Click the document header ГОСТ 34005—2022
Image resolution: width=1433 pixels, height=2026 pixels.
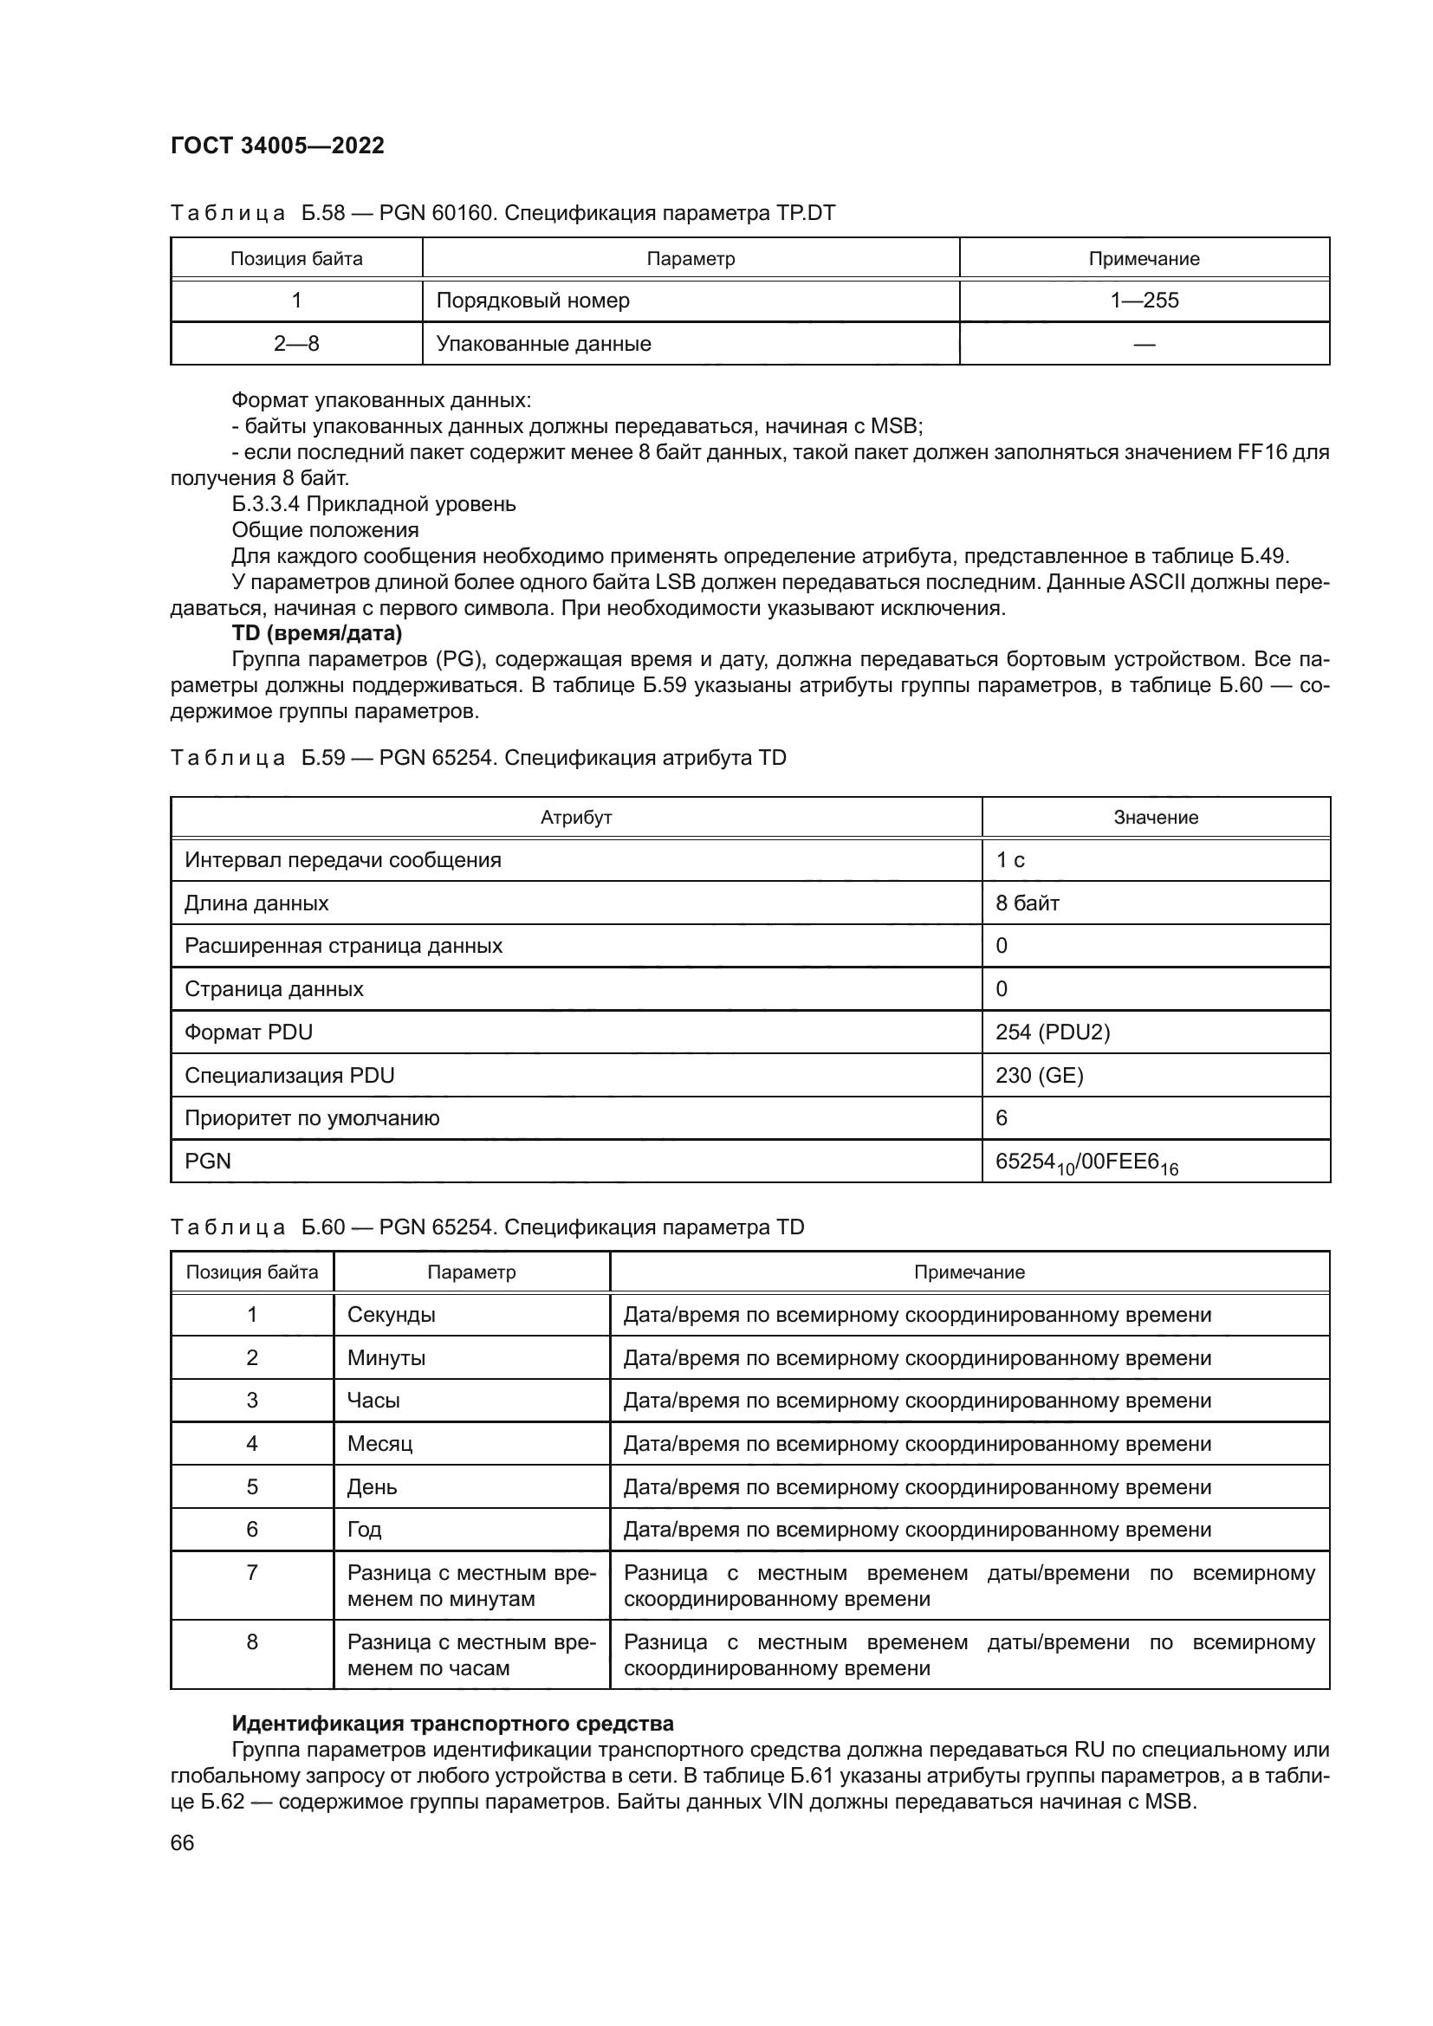pyautogui.click(x=277, y=146)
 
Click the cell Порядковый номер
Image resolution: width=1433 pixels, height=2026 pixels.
pyautogui.click(x=533, y=300)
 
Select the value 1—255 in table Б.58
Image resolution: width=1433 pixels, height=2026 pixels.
pyautogui.click(x=1144, y=300)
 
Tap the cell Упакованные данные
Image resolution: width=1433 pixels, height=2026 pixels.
pyautogui.click(x=543, y=343)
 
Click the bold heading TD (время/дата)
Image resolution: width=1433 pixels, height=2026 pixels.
pyautogui.click(x=317, y=632)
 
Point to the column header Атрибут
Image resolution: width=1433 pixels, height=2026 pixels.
pyautogui.click(x=575, y=817)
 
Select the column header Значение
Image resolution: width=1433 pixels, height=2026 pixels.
pyautogui.click(x=1155, y=817)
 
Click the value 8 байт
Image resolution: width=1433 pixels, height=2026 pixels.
pyautogui.click(x=1028, y=903)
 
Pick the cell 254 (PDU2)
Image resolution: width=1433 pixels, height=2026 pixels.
pyautogui.click(x=1052, y=1032)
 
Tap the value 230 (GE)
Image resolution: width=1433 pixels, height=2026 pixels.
pyautogui.click(x=1039, y=1075)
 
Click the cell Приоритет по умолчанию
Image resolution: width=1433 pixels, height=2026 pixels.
pyautogui.click(x=312, y=1118)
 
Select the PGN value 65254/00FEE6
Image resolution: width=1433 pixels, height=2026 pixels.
pyautogui.click(x=1086, y=1163)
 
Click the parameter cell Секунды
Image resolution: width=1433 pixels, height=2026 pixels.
pyautogui.click(x=391, y=1315)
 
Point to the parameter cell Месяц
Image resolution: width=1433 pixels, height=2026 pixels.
pyautogui.click(x=379, y=1444)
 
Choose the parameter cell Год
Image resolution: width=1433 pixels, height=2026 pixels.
pyautogui.click(x=365, y=1529)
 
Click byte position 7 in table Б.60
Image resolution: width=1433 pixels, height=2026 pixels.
pyautogui.click(x=251, y=1572)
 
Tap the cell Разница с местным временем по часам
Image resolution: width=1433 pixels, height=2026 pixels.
pyautogui.click(x=471, y=1654)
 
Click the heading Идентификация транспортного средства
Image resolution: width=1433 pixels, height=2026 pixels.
pyautogui.click(x=451, y=1724)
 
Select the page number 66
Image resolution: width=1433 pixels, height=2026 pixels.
pyautogui.click(x=182, y=1842)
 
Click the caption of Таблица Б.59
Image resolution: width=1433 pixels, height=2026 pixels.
pyautogui.click(x=477, y=758)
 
